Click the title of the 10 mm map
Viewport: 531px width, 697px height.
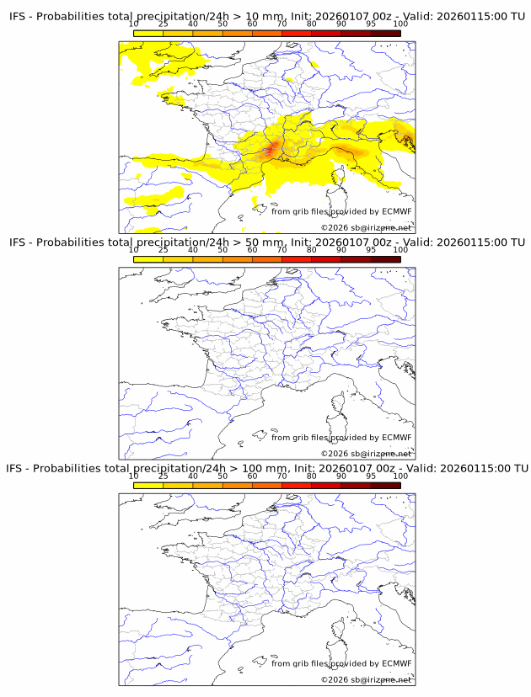coord(266,16)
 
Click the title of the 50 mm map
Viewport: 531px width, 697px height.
coord(266,242)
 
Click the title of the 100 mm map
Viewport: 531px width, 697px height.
coord(266,467)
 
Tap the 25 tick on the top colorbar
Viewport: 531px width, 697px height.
coord(163,24)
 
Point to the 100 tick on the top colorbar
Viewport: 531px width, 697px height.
coord(400,24)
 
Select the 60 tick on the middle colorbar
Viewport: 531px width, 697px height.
coord(252,250)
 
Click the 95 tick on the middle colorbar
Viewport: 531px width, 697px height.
coord(371,250)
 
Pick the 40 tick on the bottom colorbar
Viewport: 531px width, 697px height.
coord(193,476)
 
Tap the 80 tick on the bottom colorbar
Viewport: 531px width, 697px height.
coord(312,476)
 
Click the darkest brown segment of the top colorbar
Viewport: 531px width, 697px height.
coord(385,33)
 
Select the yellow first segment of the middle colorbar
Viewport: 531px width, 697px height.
coord(147,258)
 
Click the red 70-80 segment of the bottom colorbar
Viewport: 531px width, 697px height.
coord(297,484)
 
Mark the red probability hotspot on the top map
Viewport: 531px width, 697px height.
coord(271,150)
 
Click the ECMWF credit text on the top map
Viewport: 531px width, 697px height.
coord(341,211)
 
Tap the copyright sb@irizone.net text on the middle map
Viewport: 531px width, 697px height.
coord(367,454)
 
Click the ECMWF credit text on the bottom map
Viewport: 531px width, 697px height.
coord(341,663)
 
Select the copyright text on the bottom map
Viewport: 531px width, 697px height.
coord(367,679)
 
